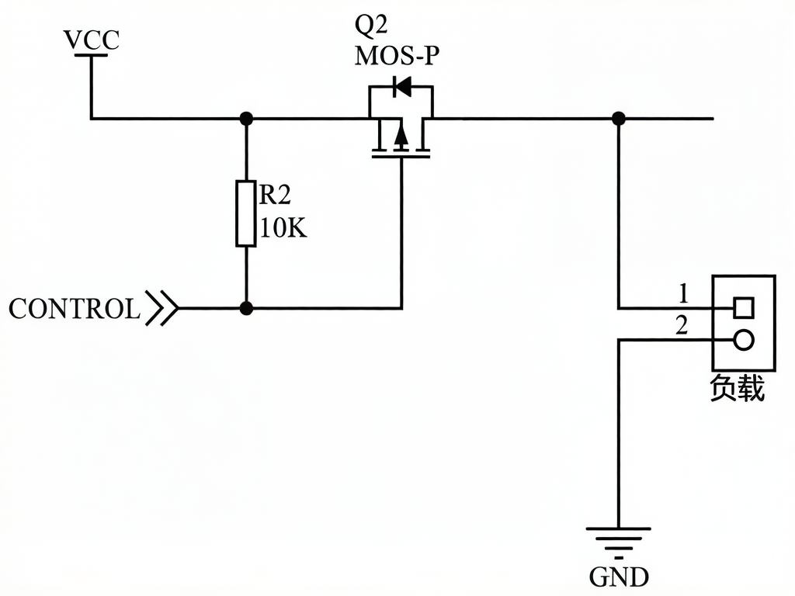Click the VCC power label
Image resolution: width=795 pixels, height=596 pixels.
[x=92, y=40]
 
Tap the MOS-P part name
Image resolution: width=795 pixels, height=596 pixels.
[x=397, y=56]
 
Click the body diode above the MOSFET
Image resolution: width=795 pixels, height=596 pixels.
[x=402, y=87]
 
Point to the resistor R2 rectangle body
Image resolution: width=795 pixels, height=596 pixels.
[x=246, y=213]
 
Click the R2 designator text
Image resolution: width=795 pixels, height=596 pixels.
[x=275, y=195]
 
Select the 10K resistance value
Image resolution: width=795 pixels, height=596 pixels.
[x=283, y=227]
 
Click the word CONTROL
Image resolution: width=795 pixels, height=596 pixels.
[x=74, y=309]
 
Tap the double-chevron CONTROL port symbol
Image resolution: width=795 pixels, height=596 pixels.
[x=162, y=307]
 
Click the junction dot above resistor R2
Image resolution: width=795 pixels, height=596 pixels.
[x=246, y=119]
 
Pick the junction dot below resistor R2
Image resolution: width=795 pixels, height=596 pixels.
[x=246, y=307]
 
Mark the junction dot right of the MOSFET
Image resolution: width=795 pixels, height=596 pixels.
[x=618, y=119]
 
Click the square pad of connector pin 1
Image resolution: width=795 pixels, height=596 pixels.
[x=743, y=307]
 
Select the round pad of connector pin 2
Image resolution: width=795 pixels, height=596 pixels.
[x=743, y=340]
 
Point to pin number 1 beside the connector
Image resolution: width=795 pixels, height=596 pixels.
[x=683, y=293]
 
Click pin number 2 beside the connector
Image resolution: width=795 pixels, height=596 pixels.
[x=682, y=325]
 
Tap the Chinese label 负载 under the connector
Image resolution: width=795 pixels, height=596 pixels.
[x=736, y=389]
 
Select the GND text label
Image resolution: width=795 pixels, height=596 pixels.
[x=619, y=577]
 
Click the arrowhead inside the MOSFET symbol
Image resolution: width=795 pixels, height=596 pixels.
[x=401, y=137]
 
